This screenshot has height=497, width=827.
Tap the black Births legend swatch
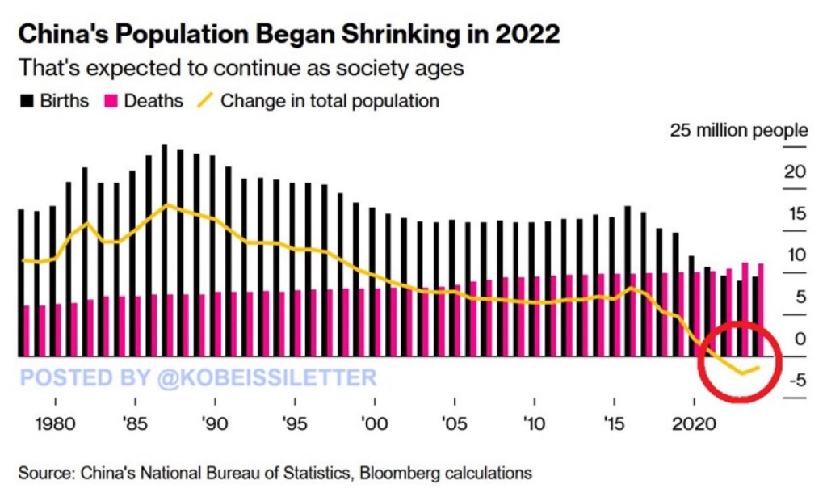pos(27,101)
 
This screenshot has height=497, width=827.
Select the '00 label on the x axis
pos(373,423)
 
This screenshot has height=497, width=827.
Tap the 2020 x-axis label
pos(694,423)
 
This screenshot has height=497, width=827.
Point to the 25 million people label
pos(738,130)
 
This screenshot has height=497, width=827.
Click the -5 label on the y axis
pos(795,380)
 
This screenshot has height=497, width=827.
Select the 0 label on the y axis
pos(800,339)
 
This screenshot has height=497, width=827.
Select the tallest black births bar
pos(165,251)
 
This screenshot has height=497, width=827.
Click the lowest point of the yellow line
pos(741,373)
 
